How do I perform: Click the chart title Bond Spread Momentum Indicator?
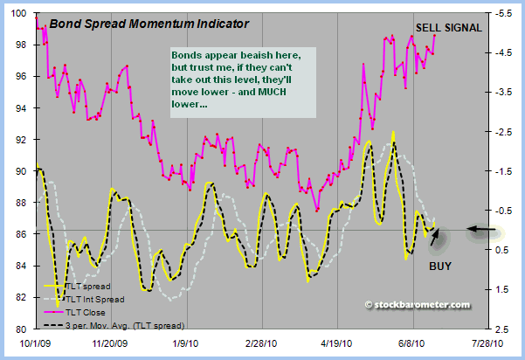point(149,23)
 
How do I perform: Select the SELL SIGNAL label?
point(448,27)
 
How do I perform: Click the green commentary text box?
point(241,78)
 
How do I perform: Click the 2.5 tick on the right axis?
point(503,329)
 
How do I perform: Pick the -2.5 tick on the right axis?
point(504,132)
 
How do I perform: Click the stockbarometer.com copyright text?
point(418,305)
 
